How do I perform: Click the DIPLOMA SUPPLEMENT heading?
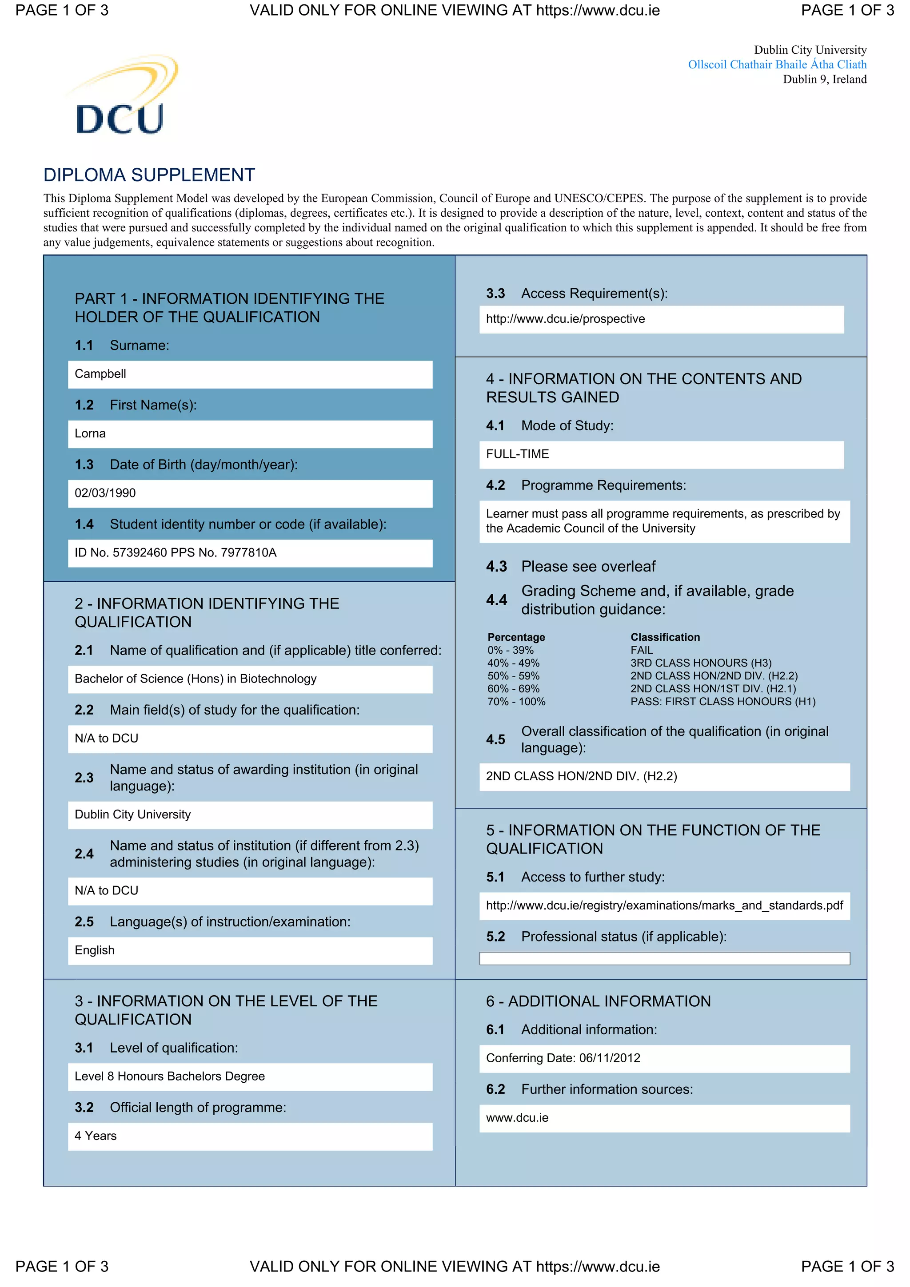tap(149, 175)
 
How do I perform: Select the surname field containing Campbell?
tap(250, 374)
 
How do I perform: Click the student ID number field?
tap(250, 553)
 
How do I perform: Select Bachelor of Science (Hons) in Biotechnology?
tap(195, 679)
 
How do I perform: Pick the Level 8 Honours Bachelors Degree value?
tap(169, 1076)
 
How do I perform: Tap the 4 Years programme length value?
tap(96, 1136)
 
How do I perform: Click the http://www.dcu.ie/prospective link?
tap(565, 319)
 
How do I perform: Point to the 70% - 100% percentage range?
tap(516, 702)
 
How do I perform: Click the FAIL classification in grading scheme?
tap(642, 650)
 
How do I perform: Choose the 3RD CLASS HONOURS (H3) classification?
tap(700, 663)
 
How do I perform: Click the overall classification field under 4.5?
tap(664, 776)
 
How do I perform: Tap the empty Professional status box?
tap(664, 958)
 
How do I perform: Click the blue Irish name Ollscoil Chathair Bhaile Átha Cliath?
tap(777, 64)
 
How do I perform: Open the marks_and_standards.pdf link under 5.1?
tap(664, 906)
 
